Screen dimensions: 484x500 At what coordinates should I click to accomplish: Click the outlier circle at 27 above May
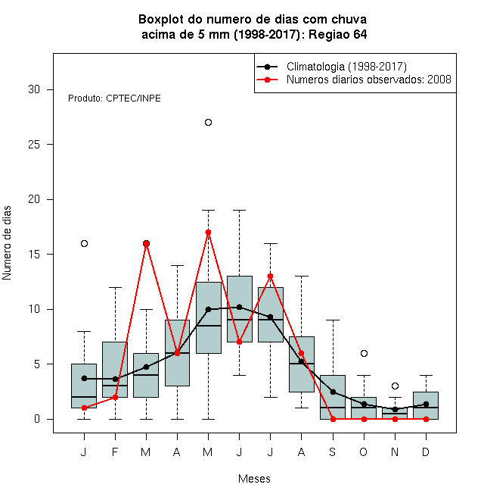(x=208, y=123)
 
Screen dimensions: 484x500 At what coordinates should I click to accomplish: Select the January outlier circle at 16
(x=85, y=244)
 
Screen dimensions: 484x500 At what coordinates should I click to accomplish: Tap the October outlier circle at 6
(x=365, y=353)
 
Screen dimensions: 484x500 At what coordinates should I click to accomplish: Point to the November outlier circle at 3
(x=396, y=386)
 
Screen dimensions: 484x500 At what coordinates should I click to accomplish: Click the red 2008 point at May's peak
(x=208, y=232)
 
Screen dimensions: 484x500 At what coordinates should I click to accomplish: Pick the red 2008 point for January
(x=85, y=408)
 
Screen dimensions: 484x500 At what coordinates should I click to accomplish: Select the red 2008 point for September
(x=333, y=420)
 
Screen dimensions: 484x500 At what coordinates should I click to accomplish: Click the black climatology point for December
(x=426, y=405)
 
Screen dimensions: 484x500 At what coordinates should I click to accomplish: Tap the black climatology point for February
(x=115, y=379)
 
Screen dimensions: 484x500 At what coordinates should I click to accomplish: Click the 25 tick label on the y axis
(x=34, y=145)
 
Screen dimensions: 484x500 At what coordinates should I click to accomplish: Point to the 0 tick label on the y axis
(x=37, y=419)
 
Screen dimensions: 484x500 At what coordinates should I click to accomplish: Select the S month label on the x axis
(x=333, y=452)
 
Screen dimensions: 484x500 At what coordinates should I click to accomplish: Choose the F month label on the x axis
(x=115, y=452)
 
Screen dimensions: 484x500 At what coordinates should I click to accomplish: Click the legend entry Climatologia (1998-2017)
(x=346, y=67)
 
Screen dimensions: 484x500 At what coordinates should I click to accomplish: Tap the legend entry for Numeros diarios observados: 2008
(x=369, y=80)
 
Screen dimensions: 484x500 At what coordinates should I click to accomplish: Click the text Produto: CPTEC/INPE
(x=114, y=98)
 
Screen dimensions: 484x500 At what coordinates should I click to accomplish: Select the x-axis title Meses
(x=254, y=479)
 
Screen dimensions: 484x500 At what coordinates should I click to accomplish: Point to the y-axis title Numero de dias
(x=7, y=243)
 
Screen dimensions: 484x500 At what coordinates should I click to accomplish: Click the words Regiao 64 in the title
(x=338, y=34)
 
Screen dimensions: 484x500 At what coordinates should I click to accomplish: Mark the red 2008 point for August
(x=301, y=353)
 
